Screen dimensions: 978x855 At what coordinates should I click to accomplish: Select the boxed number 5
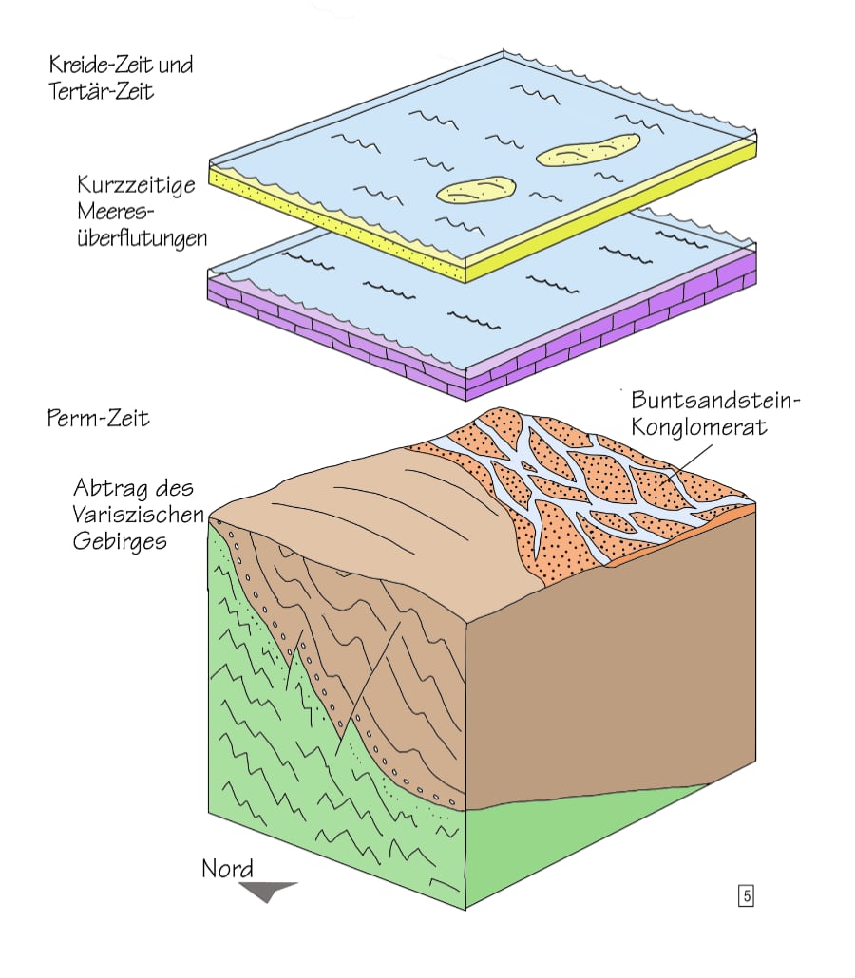pos(746,894)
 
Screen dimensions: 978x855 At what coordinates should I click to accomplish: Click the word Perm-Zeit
pos(99,418)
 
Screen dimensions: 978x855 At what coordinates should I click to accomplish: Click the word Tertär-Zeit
pos(102,93)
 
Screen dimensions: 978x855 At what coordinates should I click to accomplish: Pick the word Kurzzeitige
pos(137,184)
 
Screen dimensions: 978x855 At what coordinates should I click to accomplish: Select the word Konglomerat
pos(699,428)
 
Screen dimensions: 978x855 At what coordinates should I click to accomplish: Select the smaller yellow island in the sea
pos(476,189)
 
